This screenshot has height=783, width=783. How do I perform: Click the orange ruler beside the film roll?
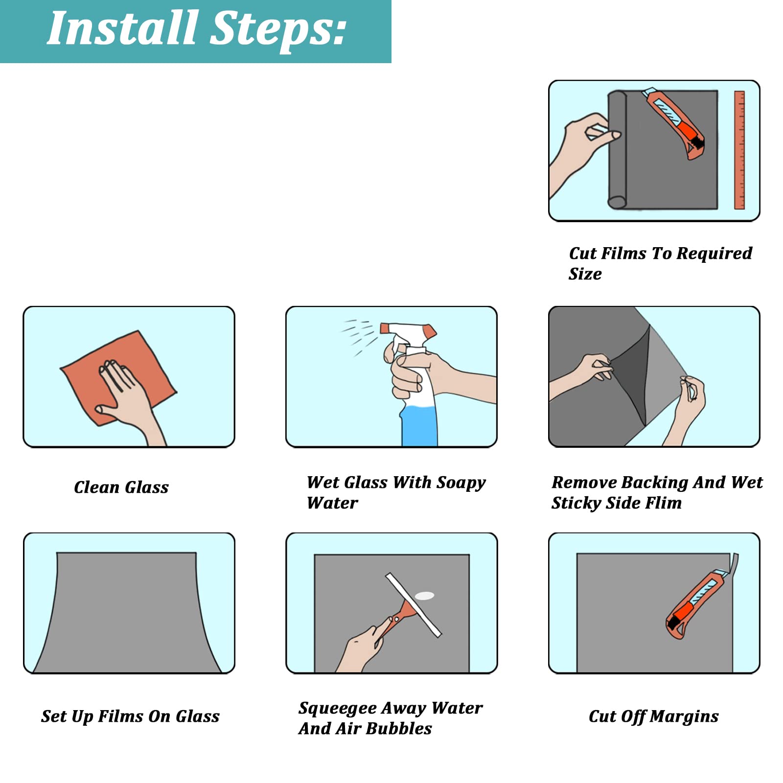pyautogui.click(x=739, y=150)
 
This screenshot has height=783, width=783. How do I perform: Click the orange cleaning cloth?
pyautogui.click(x=117, y=377)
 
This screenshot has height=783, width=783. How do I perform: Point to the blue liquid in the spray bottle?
pyautogui.click(x=419, y=426)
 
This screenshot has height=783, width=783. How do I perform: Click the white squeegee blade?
pyautogui.click(x=414, y=605)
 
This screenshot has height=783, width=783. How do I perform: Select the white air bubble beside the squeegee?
pyautogui.click(x=424, y=596)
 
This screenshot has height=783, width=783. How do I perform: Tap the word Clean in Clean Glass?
pyautogui.click(x=97, y=487)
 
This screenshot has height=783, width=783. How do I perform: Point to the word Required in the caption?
pyautogui.click(x=714, y=253)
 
